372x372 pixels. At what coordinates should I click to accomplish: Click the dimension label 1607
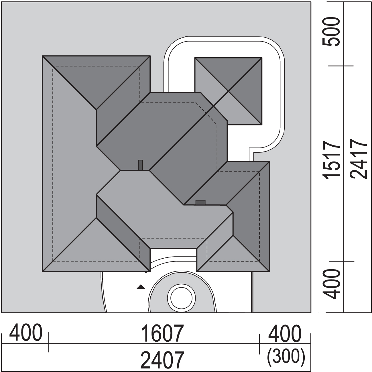(162, 334)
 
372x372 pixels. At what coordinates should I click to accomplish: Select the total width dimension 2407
(162, 360)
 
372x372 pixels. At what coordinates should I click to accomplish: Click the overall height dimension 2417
(359, 159)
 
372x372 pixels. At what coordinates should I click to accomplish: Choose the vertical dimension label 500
(331, 32)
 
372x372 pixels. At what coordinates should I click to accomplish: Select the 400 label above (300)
(285, 334)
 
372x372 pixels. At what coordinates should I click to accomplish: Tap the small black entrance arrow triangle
(141, 287)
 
